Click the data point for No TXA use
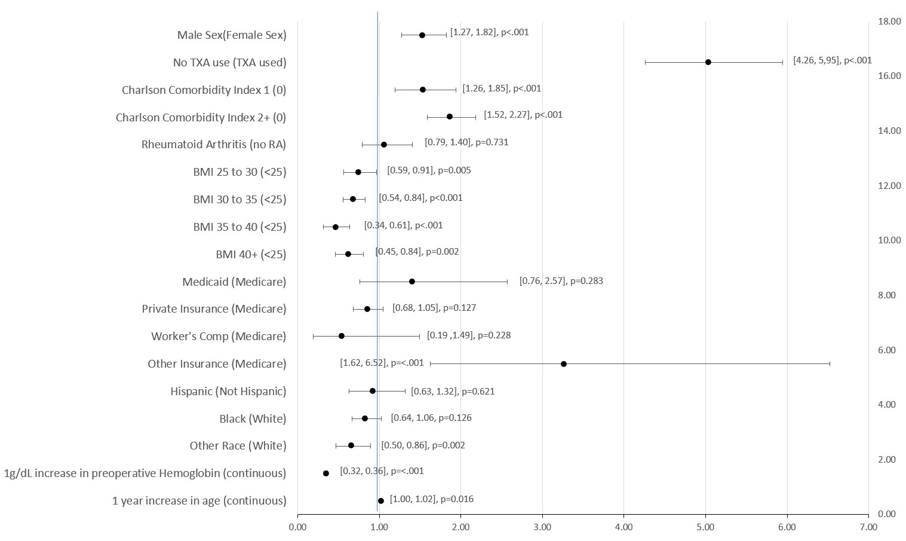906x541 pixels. pos(708,62)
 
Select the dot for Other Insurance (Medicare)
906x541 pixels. pos(563,363)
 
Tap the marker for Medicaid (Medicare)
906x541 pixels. pos(411,282)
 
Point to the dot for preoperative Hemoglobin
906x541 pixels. pos(325,473)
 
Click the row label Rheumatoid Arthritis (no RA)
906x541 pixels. pos(214,145)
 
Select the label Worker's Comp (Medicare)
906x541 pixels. pos(219,337)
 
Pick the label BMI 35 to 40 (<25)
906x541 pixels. pos(239,227)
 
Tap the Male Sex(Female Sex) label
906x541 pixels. pos(232,35)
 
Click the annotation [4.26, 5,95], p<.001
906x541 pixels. pos(832,60)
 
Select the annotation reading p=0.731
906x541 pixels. pos(466,142)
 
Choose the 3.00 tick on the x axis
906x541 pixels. pos(542,527)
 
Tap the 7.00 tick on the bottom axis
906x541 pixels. pos(868,527)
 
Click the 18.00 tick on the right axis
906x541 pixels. pos(889,22)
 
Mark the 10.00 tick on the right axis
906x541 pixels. pos(889,240)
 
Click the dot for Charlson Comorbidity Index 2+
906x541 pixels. pos(449,117)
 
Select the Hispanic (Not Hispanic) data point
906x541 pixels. pos(373,391)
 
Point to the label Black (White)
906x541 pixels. pos(253,418)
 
